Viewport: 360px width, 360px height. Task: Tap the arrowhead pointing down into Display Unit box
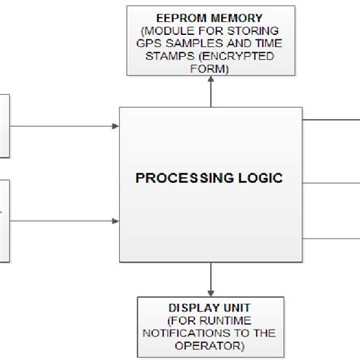pyautogui.click(x=211, y=292)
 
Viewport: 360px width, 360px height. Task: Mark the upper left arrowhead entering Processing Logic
pyautogui.click(x=116, y=127)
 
